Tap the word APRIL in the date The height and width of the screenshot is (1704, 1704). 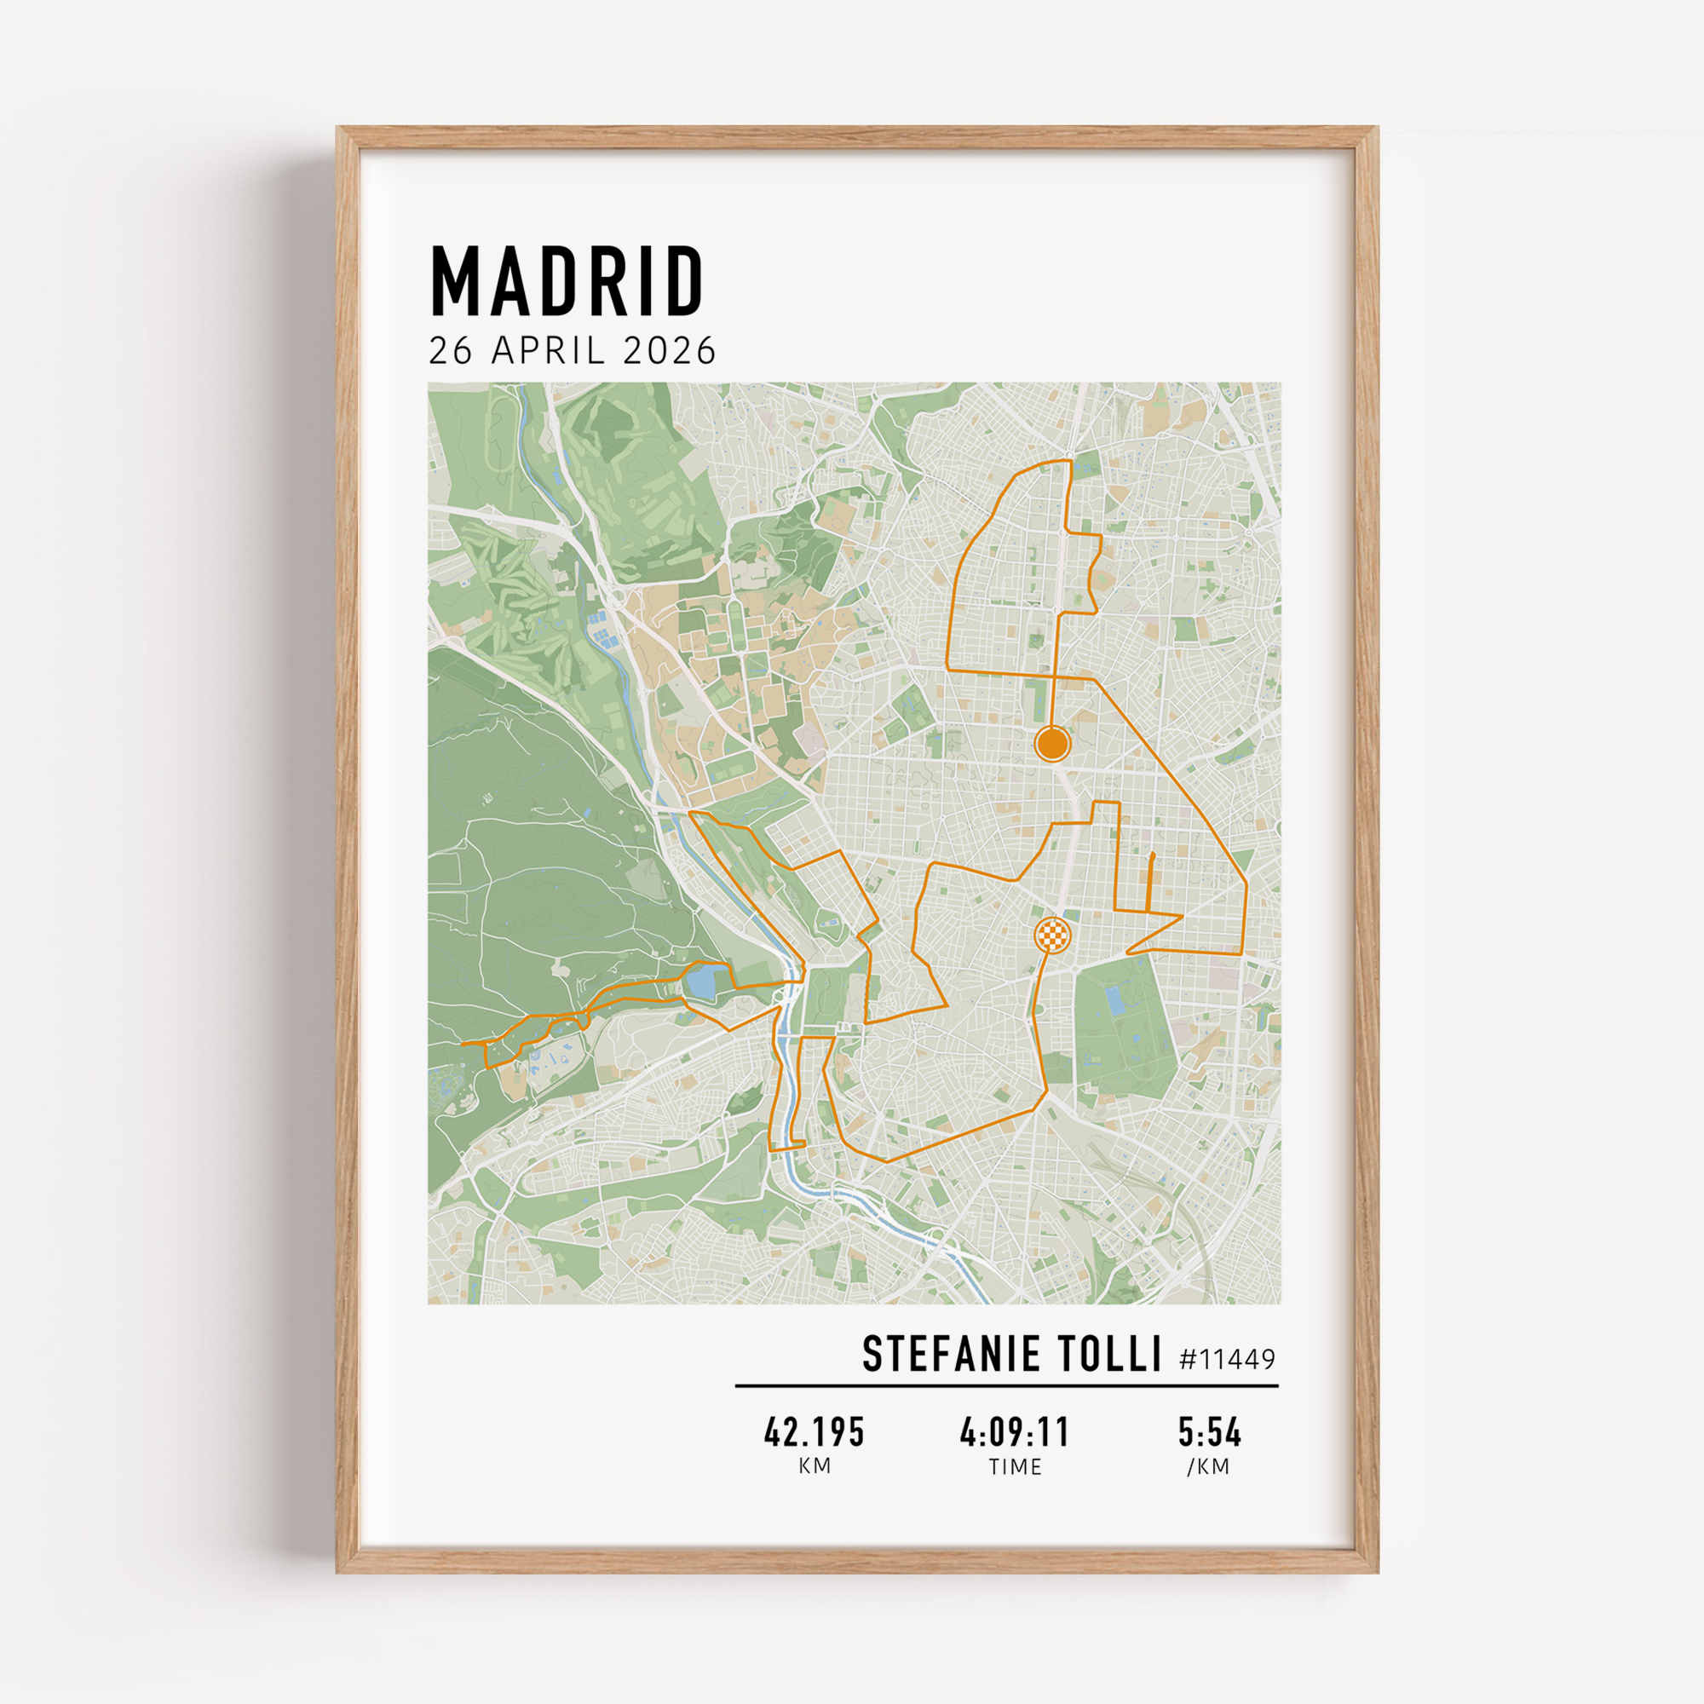click(x=548, y=351)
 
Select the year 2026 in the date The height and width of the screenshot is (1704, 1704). click(x=670, y=351)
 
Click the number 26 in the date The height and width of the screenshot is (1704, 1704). click(x=451, y=351)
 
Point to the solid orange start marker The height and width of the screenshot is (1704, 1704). click(x=1052, y=744)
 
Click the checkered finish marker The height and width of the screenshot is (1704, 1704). click(x=1052, y=934)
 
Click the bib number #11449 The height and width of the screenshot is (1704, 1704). click(x=1227, y=1359)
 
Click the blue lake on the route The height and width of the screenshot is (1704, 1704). click(x=705, y=982)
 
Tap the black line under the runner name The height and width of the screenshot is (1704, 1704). click(x=1006, y=1385)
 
